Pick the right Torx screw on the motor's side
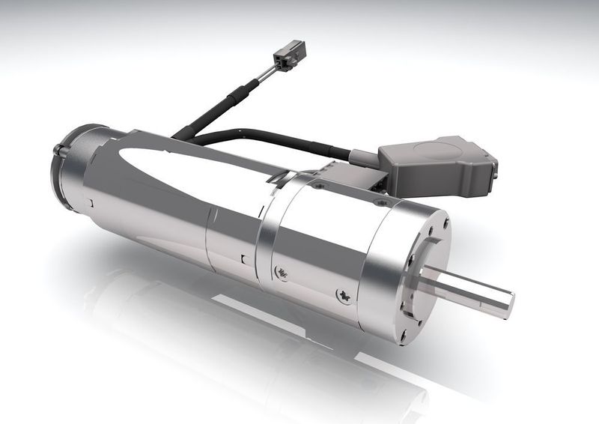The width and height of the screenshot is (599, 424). point(345,297)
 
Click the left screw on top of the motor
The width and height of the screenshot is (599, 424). point(319,184)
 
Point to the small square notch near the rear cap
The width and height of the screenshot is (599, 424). point(89,202)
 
